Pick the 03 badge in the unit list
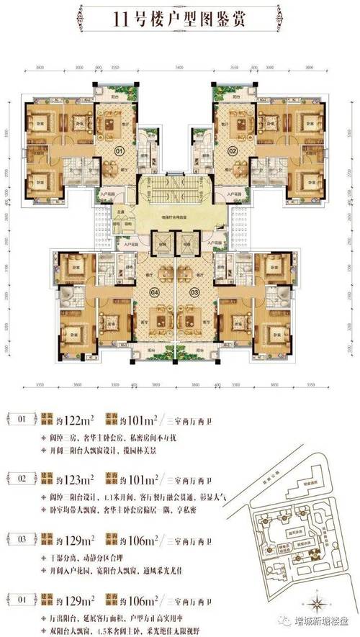click(22, 536)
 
